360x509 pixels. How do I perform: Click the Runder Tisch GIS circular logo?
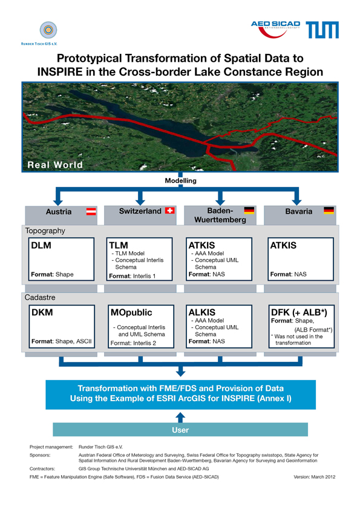point(48,30)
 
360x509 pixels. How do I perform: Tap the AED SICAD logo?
point(275,29)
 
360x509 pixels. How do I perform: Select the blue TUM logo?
point(322,30)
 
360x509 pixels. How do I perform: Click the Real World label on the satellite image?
point(55,165)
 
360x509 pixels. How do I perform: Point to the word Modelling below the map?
point(180,180)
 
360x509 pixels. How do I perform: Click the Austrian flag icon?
point(91,212)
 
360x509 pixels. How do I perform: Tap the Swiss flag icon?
point(170,211)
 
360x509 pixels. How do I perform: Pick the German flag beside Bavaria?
point(329,211)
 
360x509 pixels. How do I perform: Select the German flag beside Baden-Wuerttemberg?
point(249,211)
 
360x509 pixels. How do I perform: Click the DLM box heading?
point(41,245)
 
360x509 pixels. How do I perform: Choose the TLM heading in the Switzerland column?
point(119,245)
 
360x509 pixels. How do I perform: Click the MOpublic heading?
point(131,312)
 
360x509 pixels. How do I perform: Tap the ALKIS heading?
point(202,312)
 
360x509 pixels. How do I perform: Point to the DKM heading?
point(42,312)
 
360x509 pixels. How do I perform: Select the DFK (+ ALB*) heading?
point(299,312)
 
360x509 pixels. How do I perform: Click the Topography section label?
point(45,231)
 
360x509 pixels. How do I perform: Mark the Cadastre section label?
point(40,297)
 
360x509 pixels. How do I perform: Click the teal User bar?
point(180,430)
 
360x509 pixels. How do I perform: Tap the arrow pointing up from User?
point(180,418)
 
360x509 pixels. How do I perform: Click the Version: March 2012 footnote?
point(314,477)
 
